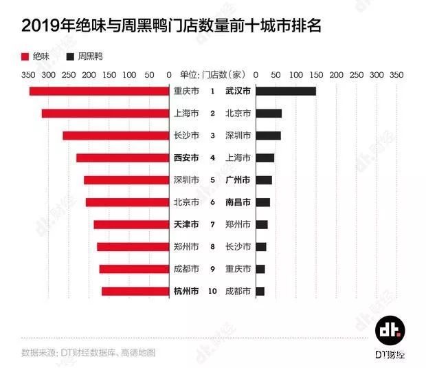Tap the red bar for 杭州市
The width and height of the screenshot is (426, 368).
(135, 292)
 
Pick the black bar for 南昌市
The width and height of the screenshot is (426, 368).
(262, 202)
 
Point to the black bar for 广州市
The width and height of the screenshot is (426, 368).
(263, 180)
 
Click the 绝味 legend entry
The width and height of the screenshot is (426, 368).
(35, 55)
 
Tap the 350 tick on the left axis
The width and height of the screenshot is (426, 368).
(28, 74)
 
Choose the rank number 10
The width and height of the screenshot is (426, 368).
(212, 292)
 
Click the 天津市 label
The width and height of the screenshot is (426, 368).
(185, 225)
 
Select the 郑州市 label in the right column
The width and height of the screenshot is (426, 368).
(238, 225)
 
